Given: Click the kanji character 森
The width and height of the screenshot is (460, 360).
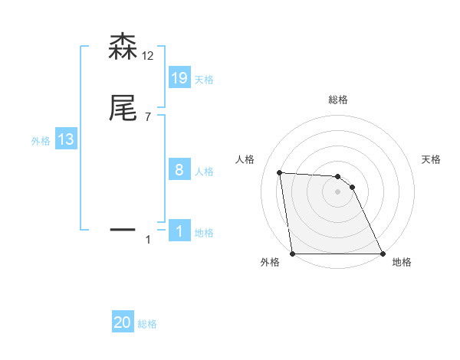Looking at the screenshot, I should click(123, 47).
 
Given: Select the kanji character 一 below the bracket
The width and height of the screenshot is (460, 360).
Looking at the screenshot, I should click(123, 229).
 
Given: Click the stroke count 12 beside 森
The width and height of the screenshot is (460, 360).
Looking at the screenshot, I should click(148, 56).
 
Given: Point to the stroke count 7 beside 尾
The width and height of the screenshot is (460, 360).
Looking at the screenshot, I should click(147, 117).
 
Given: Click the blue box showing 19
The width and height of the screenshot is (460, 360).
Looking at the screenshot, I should click(179, 78).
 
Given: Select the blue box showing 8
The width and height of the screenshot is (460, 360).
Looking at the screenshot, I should click(179, 170).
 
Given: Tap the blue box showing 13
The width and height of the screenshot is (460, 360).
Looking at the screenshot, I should click(65, 139).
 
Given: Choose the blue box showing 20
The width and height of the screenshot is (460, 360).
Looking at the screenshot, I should click(123, 323).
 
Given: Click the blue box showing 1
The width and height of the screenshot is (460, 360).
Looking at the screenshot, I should click(179, 231).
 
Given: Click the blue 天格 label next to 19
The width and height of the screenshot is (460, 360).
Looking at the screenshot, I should click(204, 80).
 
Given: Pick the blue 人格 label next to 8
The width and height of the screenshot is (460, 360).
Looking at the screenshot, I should click(204, 172).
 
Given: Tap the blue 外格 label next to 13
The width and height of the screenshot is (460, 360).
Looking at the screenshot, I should click(41, 141).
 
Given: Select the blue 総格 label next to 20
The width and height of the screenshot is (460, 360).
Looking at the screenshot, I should click(147, 325).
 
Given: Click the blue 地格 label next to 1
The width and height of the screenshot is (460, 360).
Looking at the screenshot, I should click(204, 233).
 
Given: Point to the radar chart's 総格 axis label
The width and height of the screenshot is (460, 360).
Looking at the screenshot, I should click(338, 100).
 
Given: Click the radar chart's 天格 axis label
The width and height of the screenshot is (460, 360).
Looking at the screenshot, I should click(432, 159).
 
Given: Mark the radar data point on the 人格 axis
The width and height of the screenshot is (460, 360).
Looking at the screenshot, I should click(280, 172).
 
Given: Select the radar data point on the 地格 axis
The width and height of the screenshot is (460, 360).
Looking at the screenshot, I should click(383, 254).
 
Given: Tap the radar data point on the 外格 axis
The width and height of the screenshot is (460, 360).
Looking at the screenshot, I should click(292, 254).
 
